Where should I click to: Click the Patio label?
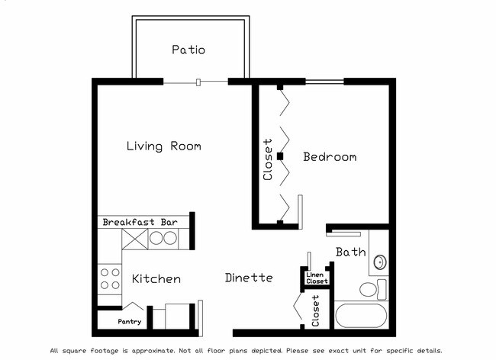tap(188, 50)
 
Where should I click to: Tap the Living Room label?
tap(163, 146)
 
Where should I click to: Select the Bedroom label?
tap(330, 157)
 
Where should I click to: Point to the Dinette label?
tap(249, 278)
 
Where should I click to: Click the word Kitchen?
tap(156, 279)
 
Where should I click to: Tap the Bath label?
tap(351, 252)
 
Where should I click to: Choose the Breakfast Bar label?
tap(140, 222)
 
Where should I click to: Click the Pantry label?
tap(129, 322)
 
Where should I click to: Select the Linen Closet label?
tap(317, 278)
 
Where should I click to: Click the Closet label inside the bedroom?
tap(267, 159)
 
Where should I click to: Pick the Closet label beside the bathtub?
tap(316, 310)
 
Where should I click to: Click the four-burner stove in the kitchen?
tap(110, 278)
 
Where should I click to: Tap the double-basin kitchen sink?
tap(162, 238)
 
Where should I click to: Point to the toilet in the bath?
tap(372, 290)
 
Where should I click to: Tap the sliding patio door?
tap(198, 82)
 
